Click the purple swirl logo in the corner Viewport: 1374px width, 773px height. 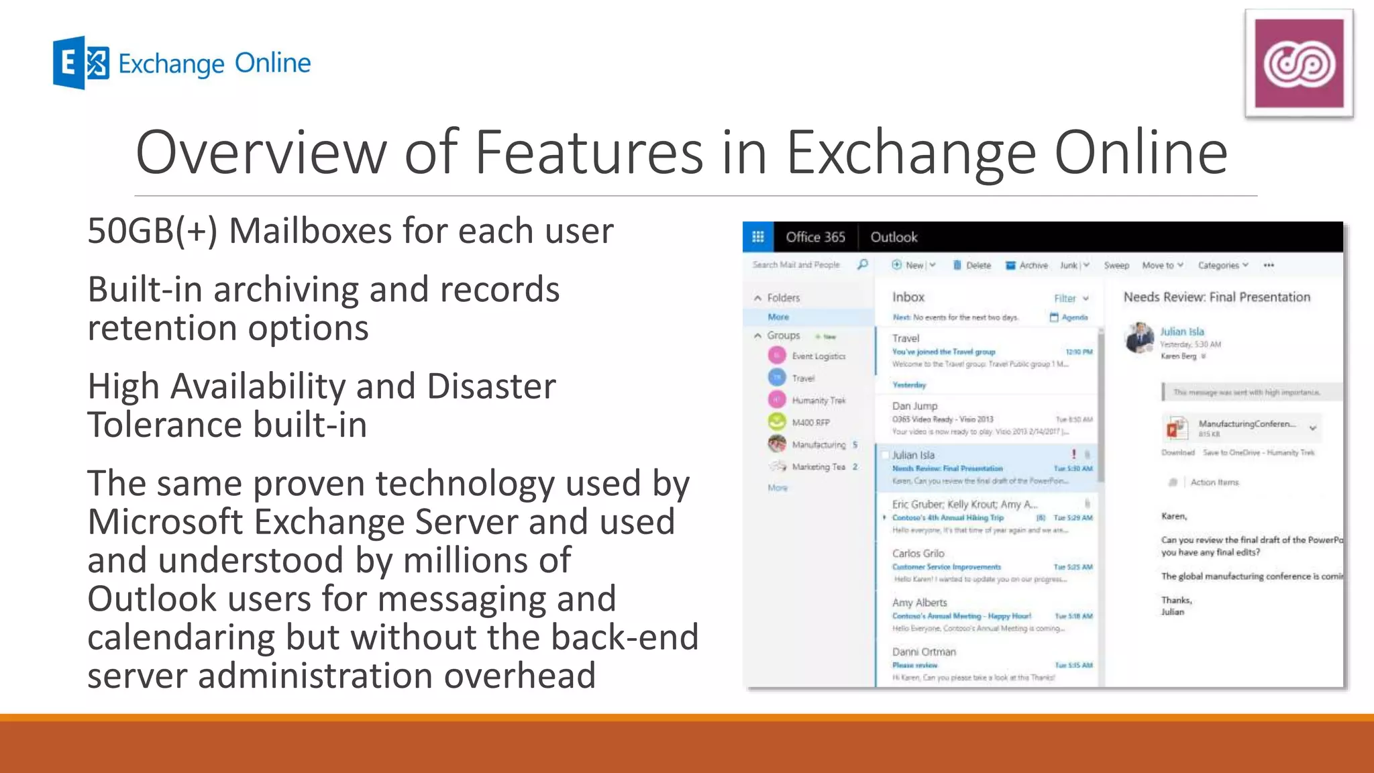point(1299,64)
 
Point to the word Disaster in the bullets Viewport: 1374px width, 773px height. point(491,386)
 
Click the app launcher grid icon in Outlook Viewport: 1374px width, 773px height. point(758,237)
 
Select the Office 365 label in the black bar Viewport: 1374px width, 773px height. point(815,237)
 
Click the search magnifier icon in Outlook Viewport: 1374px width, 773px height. point(863,264)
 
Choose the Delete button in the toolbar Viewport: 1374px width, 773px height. point(972,265)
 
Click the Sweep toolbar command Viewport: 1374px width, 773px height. point(1116,265)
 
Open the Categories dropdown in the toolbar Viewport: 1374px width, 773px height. point(1223,265)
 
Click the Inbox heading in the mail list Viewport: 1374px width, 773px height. point(908,297)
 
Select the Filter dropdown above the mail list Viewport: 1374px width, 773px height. point(1071,298)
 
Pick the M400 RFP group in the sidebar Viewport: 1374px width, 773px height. point(810,422)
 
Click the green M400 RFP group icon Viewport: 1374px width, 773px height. point(776,421)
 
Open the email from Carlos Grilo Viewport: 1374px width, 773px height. point(986,566)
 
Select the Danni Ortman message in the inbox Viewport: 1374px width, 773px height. point(986,664)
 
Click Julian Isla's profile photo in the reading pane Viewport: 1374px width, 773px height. point(1139,338)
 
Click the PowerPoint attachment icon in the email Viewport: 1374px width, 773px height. point(1175,427)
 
